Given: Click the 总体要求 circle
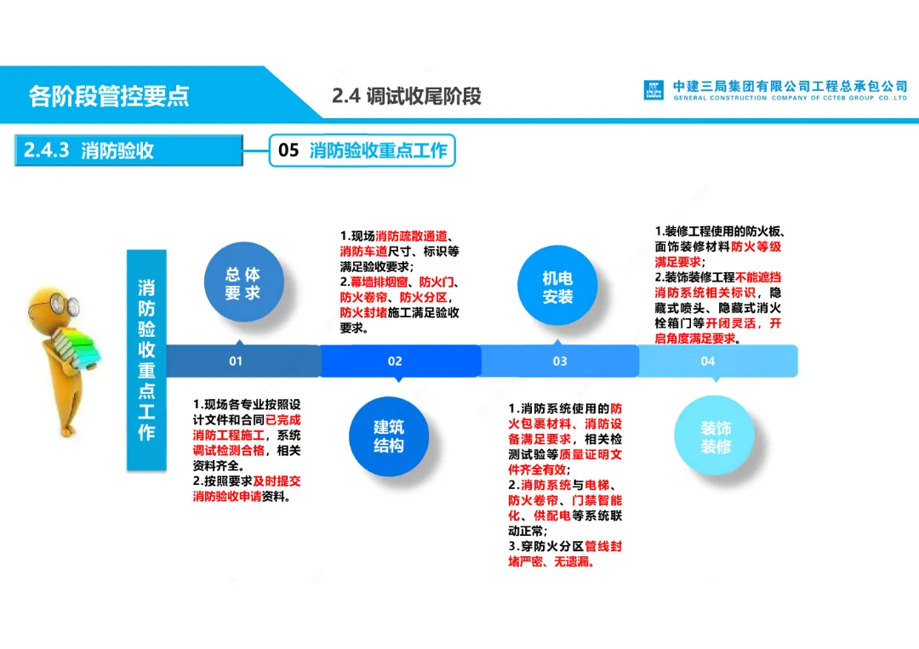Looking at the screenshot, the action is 244,282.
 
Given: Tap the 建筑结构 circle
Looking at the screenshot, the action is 389,436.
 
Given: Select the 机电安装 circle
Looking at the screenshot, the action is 557,285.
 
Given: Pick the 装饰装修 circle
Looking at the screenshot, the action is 715,436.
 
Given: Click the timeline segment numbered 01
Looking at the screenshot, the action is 243,361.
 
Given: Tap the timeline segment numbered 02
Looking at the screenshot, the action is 400,361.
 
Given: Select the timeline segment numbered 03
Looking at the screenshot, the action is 560,361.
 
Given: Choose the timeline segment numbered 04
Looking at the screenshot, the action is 718,361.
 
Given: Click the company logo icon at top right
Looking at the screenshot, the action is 654,90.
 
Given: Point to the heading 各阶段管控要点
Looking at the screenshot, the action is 109,96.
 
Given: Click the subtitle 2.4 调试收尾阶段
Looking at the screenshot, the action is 406,96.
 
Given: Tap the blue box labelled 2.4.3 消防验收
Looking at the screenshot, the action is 129,151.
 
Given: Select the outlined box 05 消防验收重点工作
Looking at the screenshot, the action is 362,151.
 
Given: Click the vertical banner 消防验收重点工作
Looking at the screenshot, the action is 146,361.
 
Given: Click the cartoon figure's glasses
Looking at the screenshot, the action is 65,305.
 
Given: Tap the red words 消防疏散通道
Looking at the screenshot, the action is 411,236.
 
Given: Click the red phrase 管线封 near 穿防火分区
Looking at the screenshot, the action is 603,546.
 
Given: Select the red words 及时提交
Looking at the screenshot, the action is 277,481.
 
